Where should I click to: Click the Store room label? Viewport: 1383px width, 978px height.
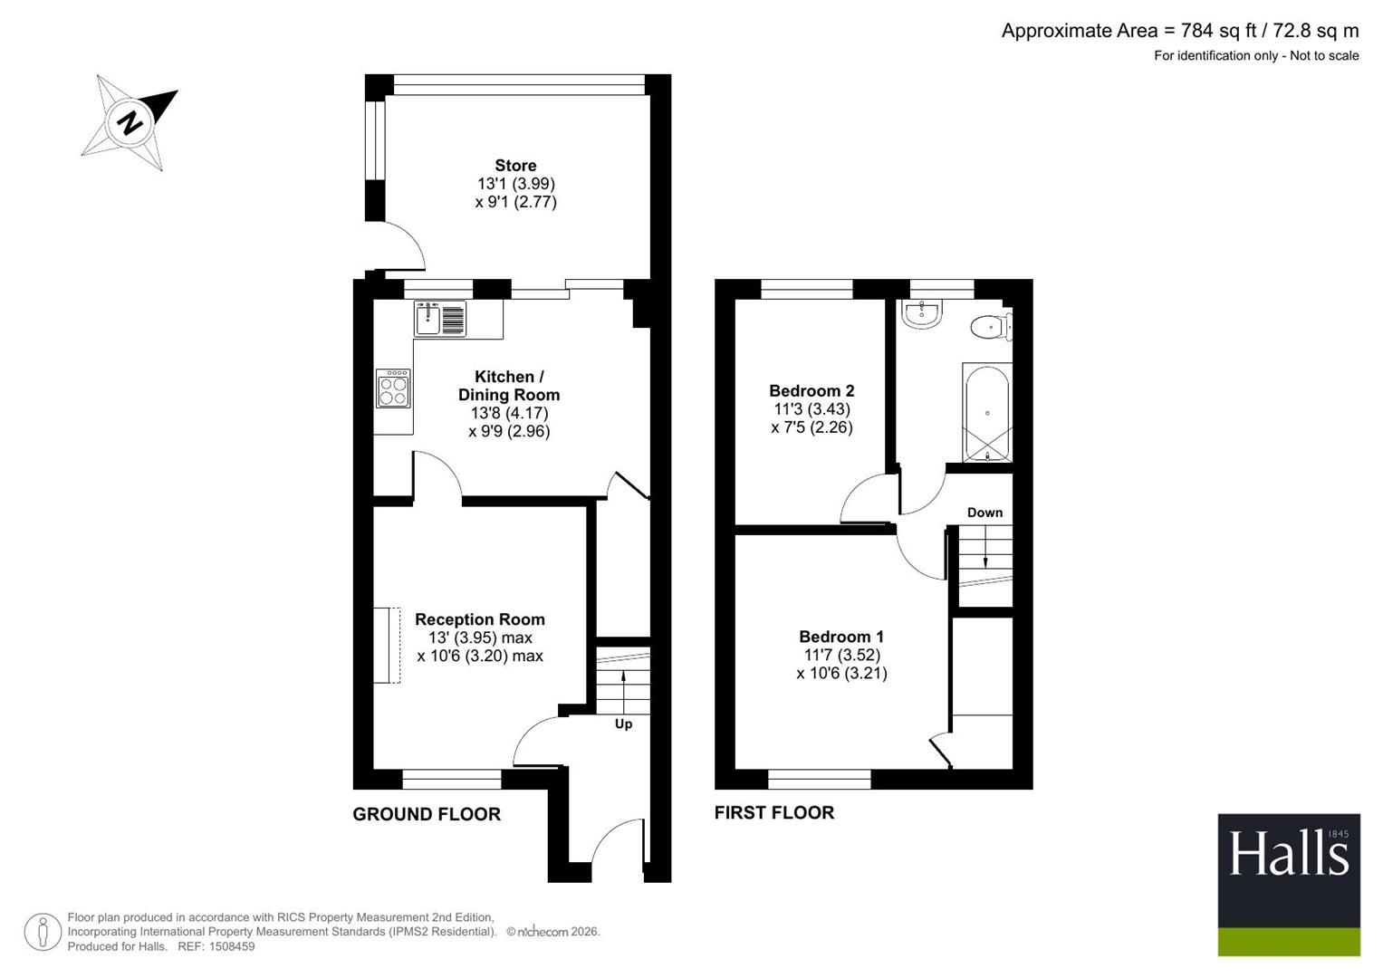[515, 166]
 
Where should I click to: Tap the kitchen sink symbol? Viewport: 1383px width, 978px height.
[440, 319]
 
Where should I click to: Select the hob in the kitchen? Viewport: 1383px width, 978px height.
[393, 388]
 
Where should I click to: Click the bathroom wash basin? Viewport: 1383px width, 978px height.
[921, 313]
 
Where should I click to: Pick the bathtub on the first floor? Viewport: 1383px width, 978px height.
[987, 412]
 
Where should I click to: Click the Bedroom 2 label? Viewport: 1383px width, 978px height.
[812, 391]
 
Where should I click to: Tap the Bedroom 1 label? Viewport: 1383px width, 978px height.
[840, 637]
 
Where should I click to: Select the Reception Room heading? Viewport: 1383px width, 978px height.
[480, 619]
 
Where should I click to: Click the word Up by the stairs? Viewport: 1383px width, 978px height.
[624, 724]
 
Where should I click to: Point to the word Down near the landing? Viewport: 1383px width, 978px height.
[984, 513]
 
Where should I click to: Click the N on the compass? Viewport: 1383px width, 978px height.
[130, 123]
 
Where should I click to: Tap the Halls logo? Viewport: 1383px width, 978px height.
[1289, 885]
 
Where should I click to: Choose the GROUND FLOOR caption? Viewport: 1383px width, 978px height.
[427, 814]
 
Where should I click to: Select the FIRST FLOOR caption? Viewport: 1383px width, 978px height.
[774, 812]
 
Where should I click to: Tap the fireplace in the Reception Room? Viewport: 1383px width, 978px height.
[387, 646]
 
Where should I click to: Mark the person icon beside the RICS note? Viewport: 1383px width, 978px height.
[43, 933]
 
